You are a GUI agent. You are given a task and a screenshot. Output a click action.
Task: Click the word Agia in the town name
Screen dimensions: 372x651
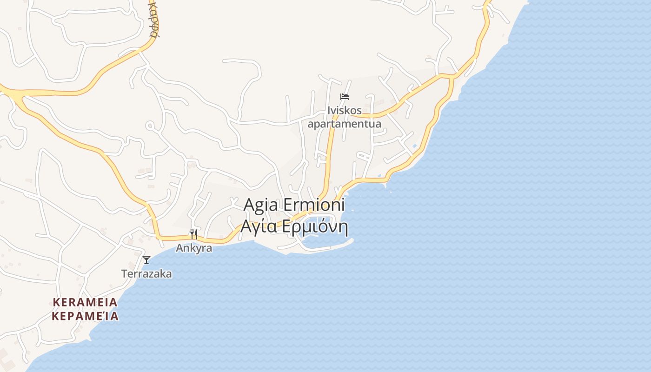coord(261,205)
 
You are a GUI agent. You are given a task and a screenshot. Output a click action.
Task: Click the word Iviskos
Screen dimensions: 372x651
coord(345,111)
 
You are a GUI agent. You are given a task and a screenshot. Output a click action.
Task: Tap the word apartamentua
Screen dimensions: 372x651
coord(345,124)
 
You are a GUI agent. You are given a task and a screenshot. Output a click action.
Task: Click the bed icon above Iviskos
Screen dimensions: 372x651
coord(345,97)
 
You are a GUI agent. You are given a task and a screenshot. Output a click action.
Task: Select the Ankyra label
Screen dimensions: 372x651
coord(194,248)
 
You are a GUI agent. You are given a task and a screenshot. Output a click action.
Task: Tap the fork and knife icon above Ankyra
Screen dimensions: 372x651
coord(194,234)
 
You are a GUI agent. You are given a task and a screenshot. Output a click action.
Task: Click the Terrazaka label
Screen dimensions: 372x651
coord(146,274)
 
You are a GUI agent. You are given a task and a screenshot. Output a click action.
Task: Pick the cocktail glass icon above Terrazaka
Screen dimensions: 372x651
coord(146,260)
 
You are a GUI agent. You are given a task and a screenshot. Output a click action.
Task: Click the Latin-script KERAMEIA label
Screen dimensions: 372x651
coord(85,302)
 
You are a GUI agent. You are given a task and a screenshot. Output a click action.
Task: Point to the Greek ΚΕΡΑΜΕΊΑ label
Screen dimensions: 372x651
coord(85,316)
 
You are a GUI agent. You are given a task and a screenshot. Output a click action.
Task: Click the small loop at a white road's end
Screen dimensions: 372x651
coord(150,126)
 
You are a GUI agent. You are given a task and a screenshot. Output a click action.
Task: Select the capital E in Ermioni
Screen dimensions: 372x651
coord(288,205)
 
